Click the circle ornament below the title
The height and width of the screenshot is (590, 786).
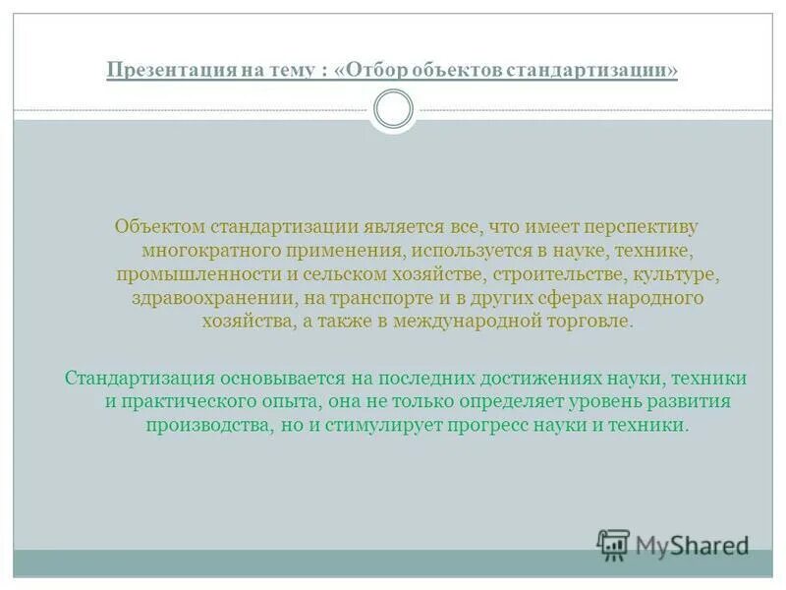click(x=393, y=109)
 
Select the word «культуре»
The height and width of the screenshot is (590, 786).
click(x=688, y=273)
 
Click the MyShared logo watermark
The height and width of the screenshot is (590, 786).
click(x=673, y=545)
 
